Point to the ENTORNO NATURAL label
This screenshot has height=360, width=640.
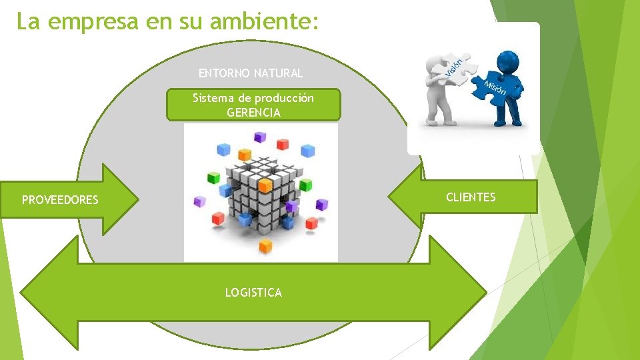[251, 73]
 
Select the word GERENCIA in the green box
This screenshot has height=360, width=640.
[253, 113]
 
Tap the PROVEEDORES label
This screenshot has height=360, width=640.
[60, 200]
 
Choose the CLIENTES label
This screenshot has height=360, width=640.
[471, 197]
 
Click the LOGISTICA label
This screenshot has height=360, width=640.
[253, 293]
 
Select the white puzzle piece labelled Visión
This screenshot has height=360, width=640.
[450, 69]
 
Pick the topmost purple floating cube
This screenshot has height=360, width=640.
[259, 137]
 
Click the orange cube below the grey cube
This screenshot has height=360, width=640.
[266, 246]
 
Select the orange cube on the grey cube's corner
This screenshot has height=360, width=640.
[265, 184]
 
